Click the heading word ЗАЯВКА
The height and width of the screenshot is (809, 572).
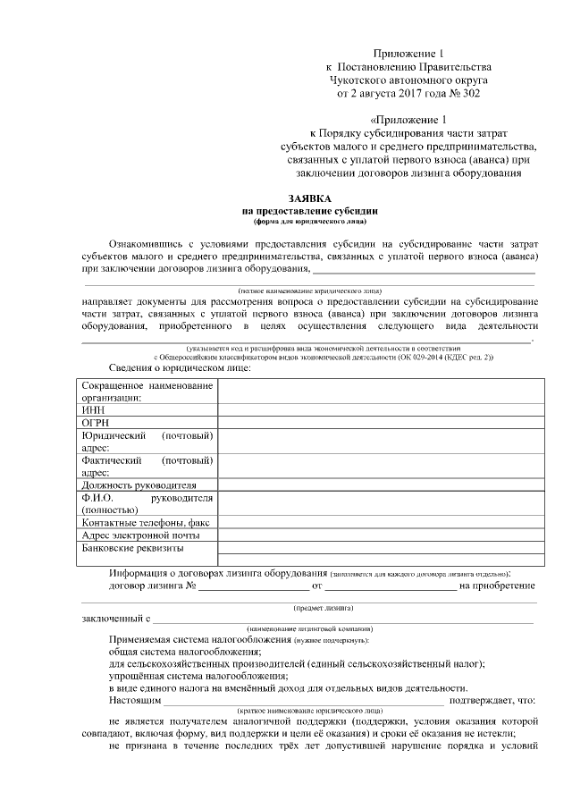(309, 198)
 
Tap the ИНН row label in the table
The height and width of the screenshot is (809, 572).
(93, 409)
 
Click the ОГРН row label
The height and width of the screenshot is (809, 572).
(96, 422)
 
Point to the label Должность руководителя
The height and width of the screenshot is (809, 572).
(139, 485)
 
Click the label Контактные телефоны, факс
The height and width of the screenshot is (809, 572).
(145, 522)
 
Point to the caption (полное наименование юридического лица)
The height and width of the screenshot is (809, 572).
(309, 291)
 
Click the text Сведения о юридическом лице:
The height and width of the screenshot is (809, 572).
(180, 368)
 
